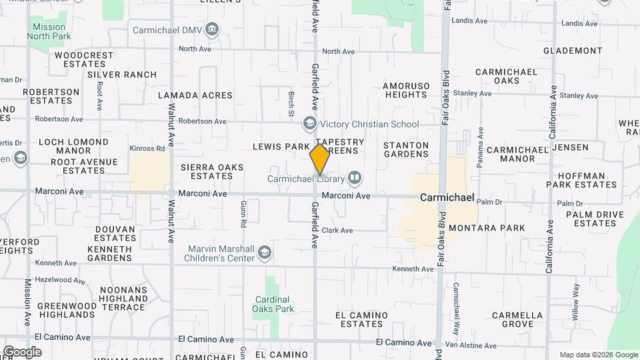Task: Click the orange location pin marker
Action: point(320,159)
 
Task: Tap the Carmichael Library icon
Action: point(355,178)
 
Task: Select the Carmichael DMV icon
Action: point(212,29)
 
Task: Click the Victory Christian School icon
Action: point(309,123)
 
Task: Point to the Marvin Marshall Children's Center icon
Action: point(265,252)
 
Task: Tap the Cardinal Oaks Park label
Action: point(273,304)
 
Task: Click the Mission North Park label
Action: point(49,31)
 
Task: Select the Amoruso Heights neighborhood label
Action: point(405,90)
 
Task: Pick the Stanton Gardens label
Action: point(406,149)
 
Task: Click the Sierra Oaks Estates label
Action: point(212,171)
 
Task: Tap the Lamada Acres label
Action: point(195,95)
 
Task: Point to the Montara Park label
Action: point(487,228)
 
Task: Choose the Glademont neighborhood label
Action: point(573,51)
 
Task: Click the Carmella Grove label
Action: point(517,319)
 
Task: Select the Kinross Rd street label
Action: point(148,148)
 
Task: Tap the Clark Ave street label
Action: point(337,230)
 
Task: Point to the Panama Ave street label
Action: point(480,146)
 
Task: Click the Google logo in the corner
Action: point(22,352)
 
